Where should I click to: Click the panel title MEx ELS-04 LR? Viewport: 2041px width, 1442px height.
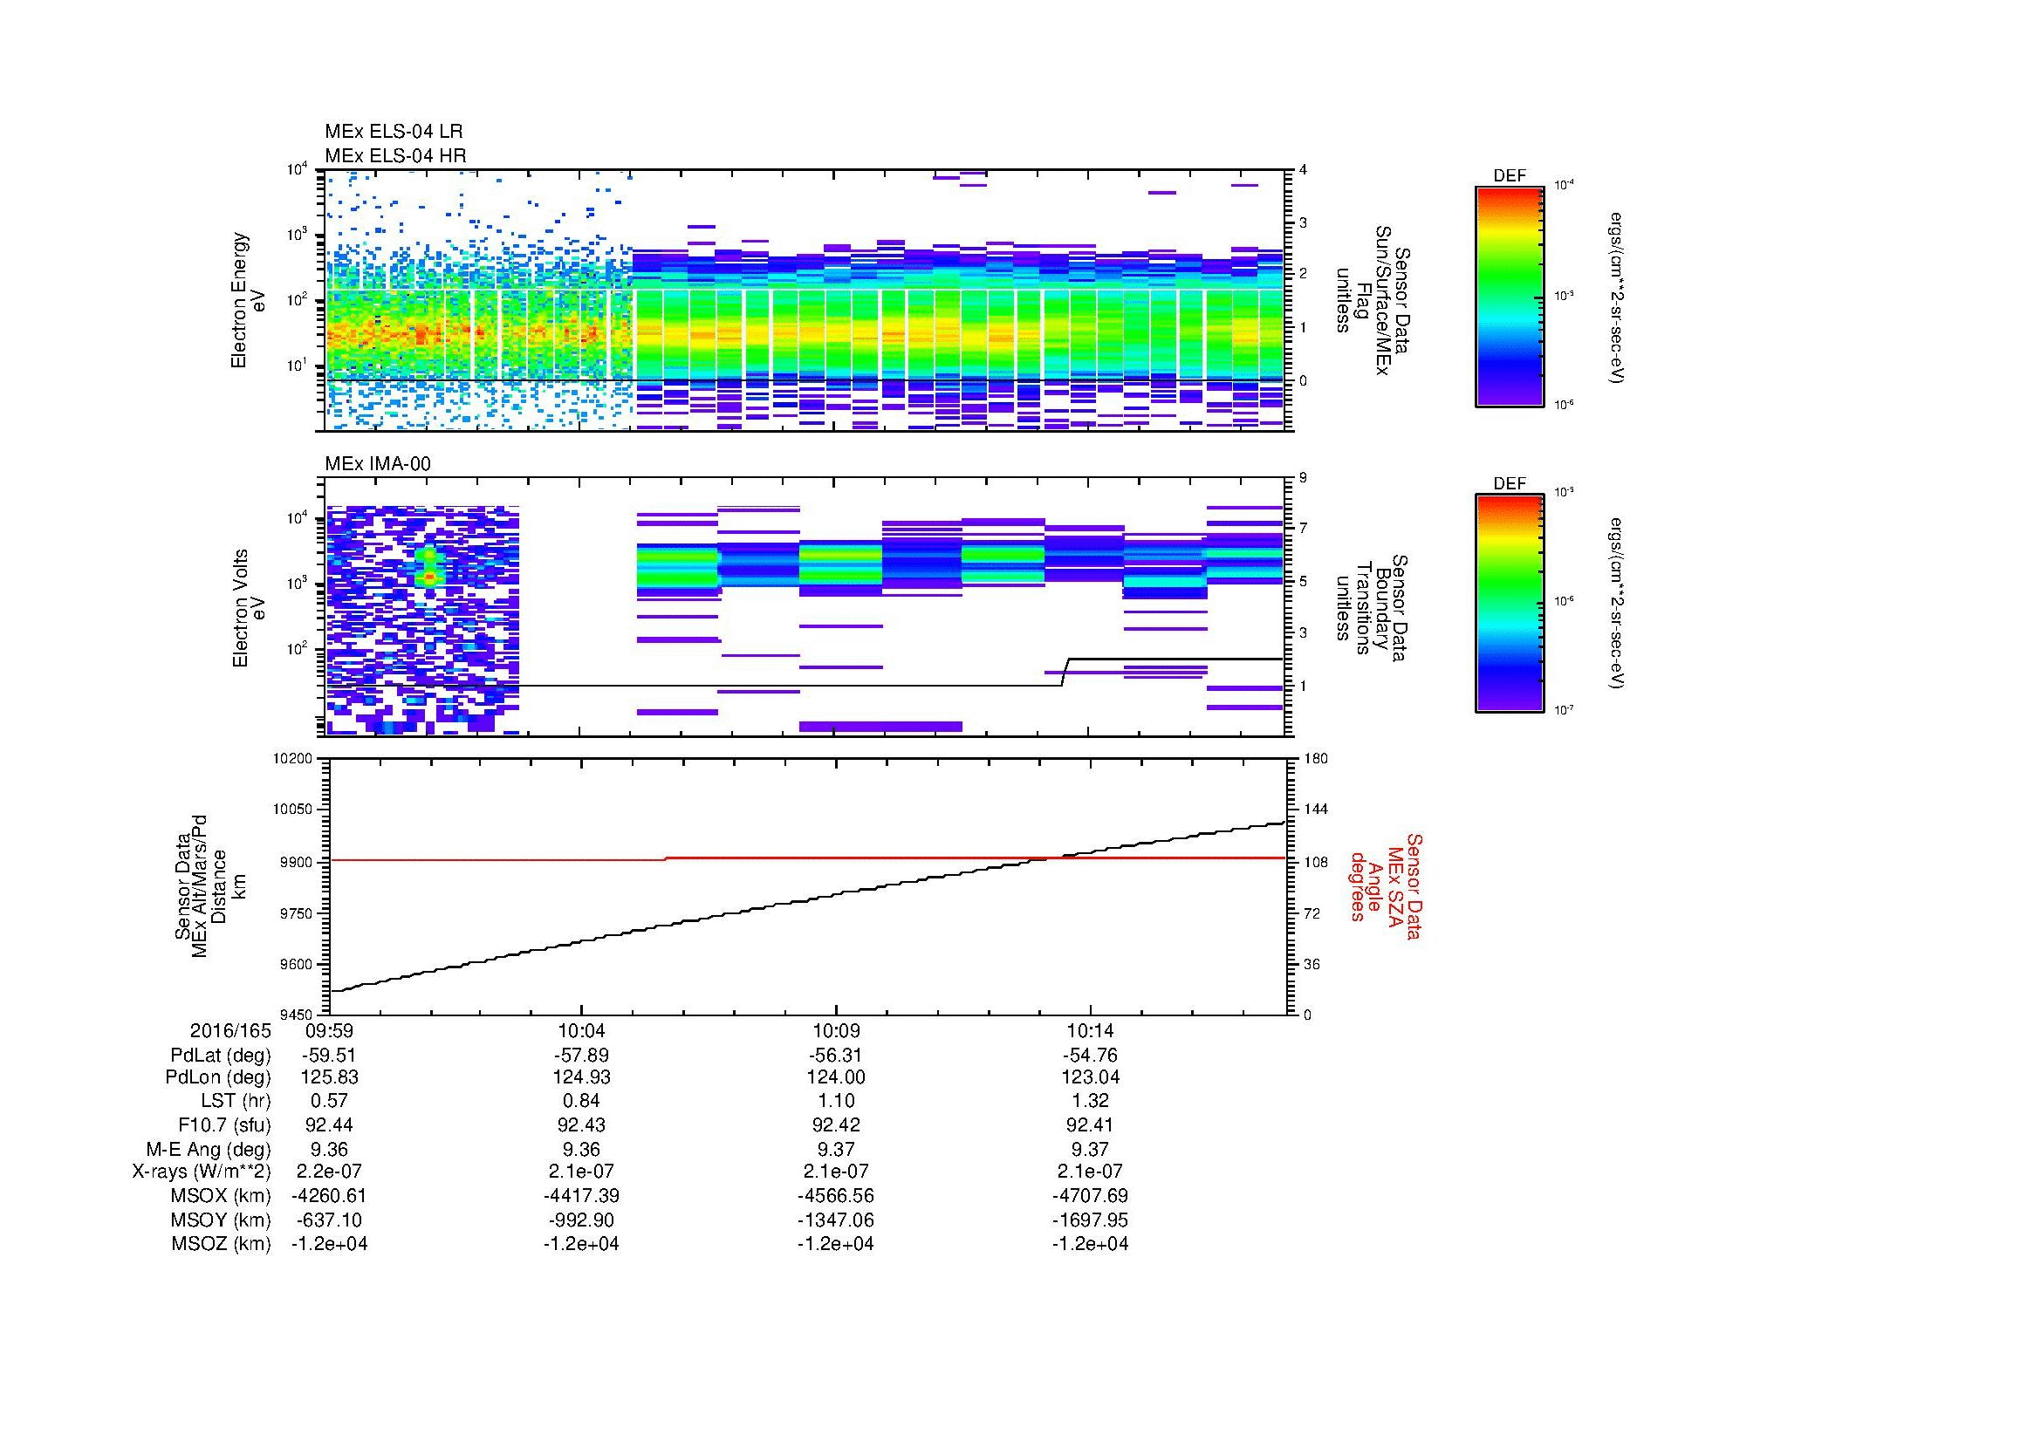(393, 133)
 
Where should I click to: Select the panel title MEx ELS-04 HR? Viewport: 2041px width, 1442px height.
(394, 155)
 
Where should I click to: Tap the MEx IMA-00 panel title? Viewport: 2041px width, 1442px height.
(378, 464)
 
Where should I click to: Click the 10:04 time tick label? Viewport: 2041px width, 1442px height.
(581, 1031)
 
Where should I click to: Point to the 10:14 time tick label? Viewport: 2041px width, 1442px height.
(1090, 1031)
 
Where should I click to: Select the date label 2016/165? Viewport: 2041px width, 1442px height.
(230, 1031)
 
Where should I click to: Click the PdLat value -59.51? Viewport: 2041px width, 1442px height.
(329, 1056)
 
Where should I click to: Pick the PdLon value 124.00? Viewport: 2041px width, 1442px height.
(836, 1077)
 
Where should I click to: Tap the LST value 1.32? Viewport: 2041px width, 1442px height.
(1090, 1101)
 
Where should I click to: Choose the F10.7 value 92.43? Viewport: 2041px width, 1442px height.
(581, 1124)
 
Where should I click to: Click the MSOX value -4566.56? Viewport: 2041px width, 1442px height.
(836, 1196)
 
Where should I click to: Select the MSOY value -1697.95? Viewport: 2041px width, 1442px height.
(1090, 1220)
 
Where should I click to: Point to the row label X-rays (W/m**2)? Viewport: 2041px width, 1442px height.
(201, 1172)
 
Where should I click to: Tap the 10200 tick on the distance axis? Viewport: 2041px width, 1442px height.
(295, 759)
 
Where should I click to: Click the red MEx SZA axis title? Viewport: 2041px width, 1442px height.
(1387, 885)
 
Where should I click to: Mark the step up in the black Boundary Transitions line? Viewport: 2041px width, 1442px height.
(1065, 672)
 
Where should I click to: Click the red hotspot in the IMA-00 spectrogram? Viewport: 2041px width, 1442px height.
(429, 576)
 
